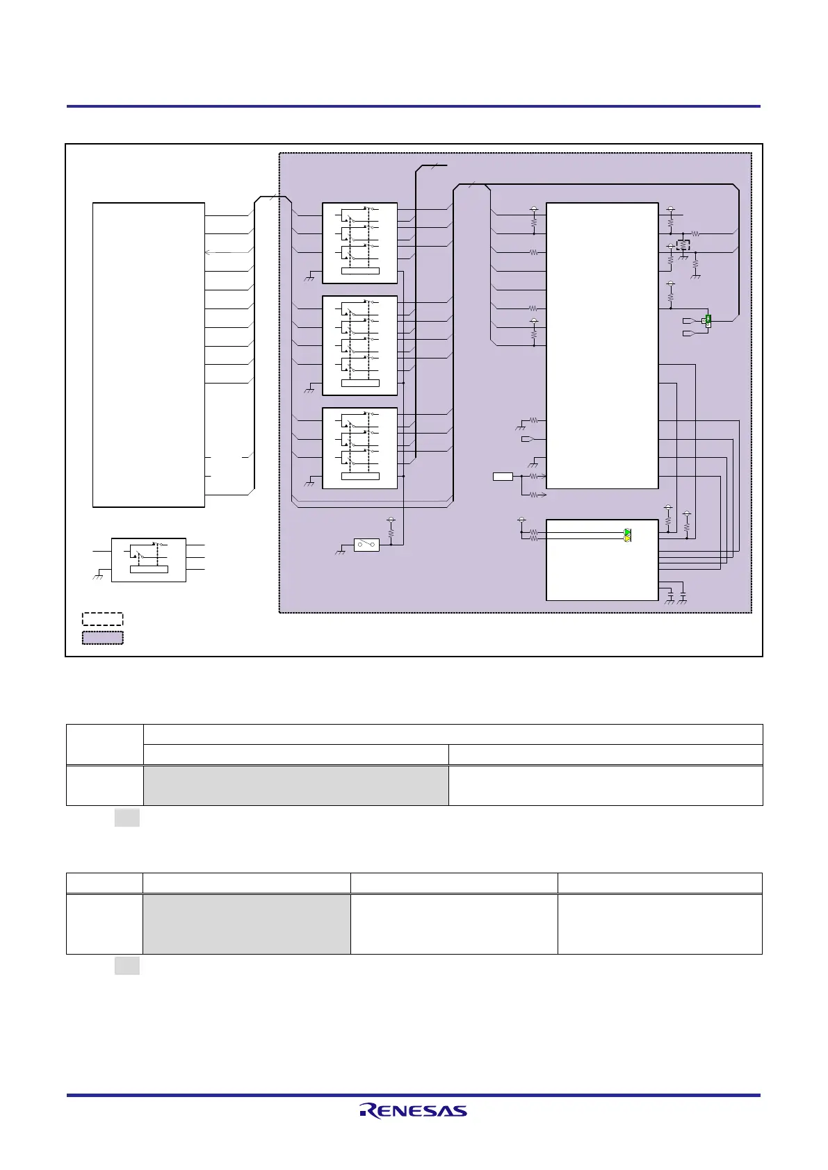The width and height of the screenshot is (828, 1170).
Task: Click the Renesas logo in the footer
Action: pyautogui.click(x=413, y=1110)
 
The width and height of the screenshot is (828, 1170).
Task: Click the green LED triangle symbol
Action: pyautogui.click(x=627, y=532)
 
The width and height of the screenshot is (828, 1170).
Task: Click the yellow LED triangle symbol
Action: pyautogui.click(x=627, y=538)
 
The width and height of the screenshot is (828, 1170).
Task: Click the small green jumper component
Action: pyautogui.click(x=708, y=321)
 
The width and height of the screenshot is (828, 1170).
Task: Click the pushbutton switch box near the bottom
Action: pyautogui.click(x=366, y=545)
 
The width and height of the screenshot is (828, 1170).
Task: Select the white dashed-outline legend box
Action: pyautogui.click(x=102, y=619)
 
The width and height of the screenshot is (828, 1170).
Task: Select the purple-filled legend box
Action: pyautogui.click(x=102, y=638)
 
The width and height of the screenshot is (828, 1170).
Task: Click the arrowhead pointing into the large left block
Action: pyautogui.click(x=208, y=252)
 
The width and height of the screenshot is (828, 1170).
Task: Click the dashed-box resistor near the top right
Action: pyautogui.click(x=683, y=245)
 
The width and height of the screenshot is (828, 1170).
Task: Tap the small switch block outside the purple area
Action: pyautogui.click(x=149, y=560)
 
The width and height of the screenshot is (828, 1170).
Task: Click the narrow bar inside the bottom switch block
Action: pyautogui.click(x=360, y=477)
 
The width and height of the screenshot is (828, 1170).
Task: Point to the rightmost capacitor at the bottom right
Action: pyautogui.click(x=683, y=596)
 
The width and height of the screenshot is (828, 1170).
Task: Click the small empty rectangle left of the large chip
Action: pyautogui.click(x=503, y=477)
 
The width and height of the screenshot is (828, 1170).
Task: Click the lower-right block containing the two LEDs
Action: pyautogui.click(x=602, y=560)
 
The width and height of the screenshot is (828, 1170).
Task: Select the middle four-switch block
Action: pyautogui.click(x=359, y=346)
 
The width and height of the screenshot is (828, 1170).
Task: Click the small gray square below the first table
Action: pyautogui.click(x=127, y=818)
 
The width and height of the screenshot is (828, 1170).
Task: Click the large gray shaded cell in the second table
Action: pyautogui.click(x=247, y=924)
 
